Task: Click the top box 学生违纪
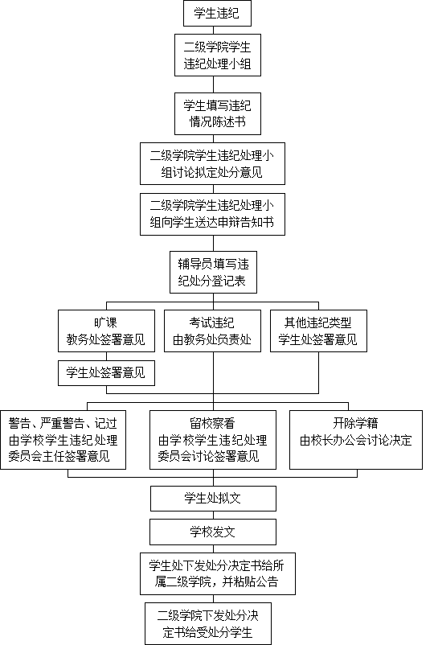217,13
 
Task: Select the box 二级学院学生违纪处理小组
218,55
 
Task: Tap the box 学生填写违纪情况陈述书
218,114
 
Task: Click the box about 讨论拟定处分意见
212,164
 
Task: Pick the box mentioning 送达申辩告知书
212,214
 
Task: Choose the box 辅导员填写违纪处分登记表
213,273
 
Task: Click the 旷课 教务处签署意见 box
106,331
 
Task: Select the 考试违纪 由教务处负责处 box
212,331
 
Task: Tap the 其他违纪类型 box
318,331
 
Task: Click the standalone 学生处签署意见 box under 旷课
106,373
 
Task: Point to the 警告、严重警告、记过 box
63,440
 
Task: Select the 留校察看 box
213,440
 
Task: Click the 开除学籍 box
356,440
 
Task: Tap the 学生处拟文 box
213,499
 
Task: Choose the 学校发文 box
213,532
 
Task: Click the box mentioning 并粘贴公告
218,574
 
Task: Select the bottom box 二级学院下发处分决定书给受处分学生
208,623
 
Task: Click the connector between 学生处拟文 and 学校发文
213,516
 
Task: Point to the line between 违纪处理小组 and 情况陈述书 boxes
213,84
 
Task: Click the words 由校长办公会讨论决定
356,441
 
